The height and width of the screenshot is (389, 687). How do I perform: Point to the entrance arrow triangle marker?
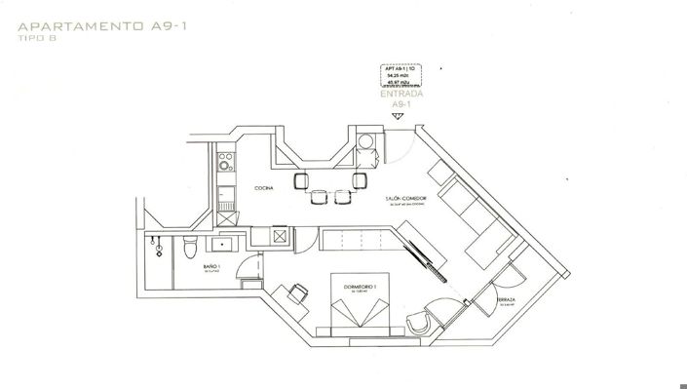397,116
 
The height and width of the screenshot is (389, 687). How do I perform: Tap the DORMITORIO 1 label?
362,286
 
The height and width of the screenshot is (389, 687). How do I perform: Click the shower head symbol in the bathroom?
156,248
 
